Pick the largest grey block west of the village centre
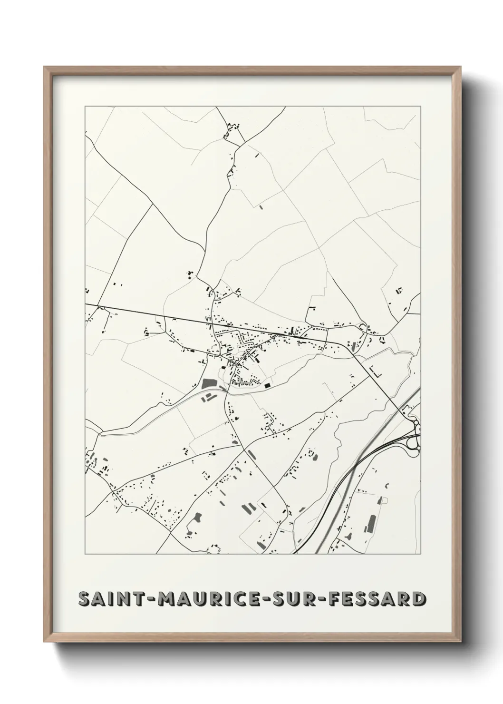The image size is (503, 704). click(208, 383)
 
